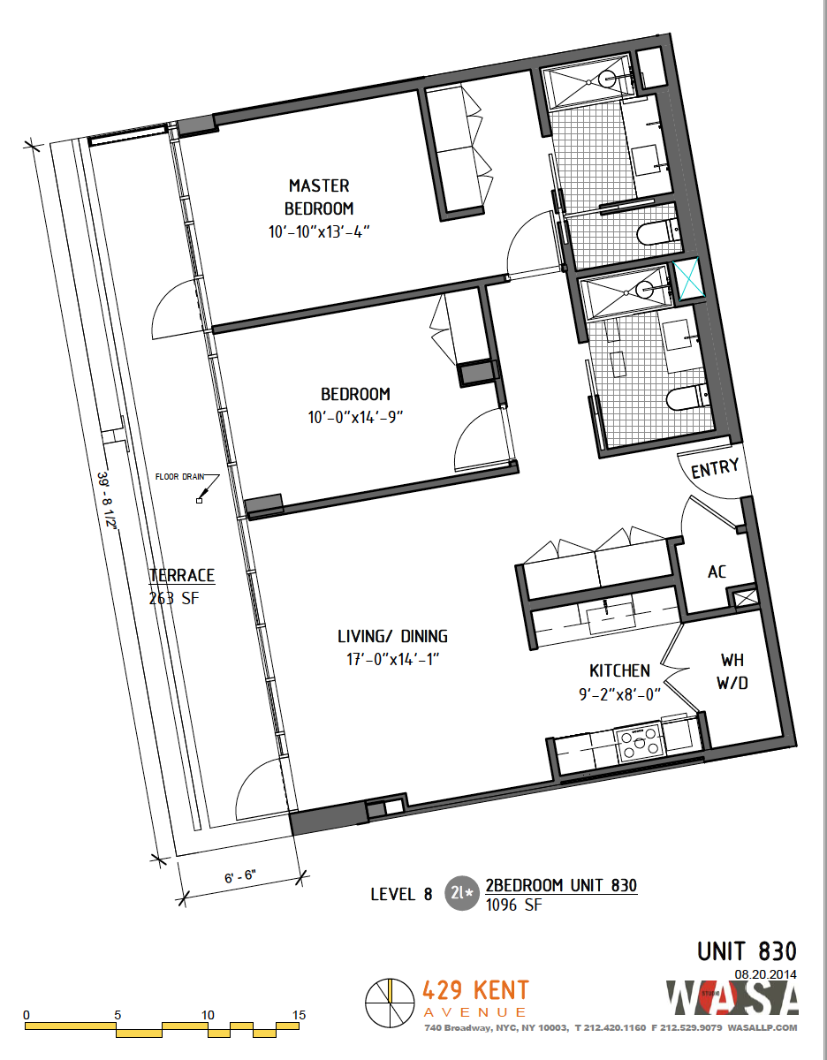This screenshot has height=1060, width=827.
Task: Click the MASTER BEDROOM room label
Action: pos(319,197)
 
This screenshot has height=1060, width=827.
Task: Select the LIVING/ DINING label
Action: pos(392,636)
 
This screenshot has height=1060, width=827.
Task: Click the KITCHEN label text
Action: pos(619,671)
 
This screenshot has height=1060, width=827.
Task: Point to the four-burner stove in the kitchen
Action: pos(641,743)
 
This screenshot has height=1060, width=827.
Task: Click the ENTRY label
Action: pos(714,469)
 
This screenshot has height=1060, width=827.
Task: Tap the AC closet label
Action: pos(717,572)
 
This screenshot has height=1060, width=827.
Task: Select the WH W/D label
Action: pos(733,671)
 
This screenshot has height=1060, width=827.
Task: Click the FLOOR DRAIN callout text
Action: pos(179,477)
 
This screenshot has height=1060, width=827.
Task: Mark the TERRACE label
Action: pos(181,576)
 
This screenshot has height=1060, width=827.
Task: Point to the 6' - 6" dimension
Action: pos(239,877)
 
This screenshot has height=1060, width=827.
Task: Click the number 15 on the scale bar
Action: pos(298,1015)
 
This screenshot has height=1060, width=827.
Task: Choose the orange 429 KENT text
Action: pos(476,990)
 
